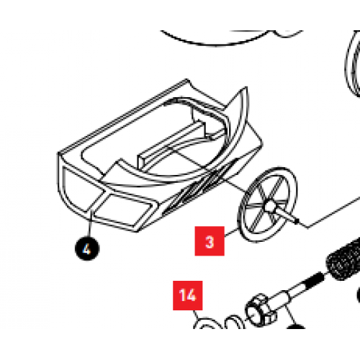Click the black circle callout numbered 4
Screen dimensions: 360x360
[87, 248]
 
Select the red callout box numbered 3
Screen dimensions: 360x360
[210, 241]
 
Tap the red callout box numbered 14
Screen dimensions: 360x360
[188, 295]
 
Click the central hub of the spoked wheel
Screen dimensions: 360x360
[270, 206]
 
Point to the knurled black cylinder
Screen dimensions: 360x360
[343, 259]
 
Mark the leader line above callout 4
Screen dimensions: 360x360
[90, 224]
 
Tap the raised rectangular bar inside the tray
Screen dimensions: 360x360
[171, 143]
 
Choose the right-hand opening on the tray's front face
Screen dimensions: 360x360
[125, 209]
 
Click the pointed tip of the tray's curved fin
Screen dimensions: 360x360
[246, 87]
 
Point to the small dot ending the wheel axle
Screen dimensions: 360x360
[297, 220]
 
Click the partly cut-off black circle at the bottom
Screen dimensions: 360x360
[296, 326]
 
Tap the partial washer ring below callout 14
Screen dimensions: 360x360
[207, 322]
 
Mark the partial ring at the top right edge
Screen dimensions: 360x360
[352, 63]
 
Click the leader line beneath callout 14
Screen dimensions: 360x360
[196, 314]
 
